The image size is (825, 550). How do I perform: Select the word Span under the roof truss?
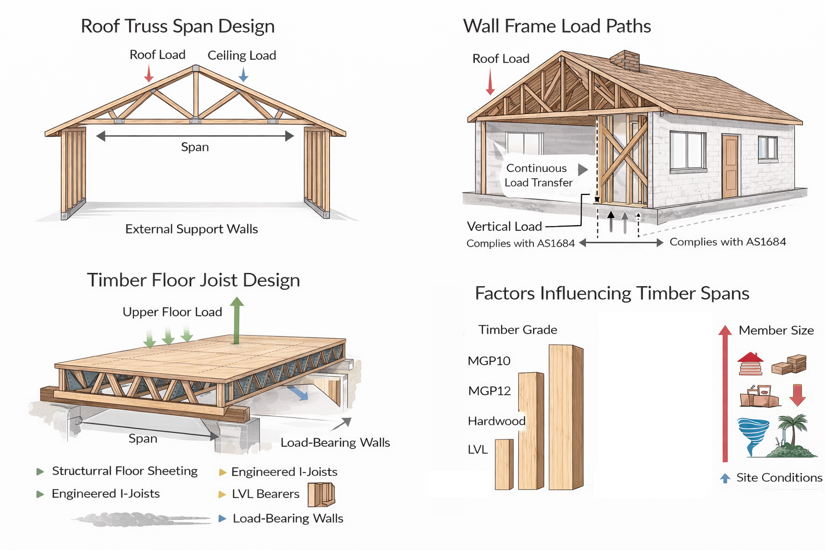(194, 147)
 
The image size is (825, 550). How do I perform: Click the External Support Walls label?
(191, 229)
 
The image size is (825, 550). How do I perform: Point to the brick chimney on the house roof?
(625, 60)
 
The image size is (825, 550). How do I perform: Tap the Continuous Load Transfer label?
(539, 175)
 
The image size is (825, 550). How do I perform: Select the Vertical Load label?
(504, 227)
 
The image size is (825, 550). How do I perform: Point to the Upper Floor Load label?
(172, 312)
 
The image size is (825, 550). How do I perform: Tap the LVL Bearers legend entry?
(265, 494)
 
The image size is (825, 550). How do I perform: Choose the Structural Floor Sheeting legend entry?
(125, 471)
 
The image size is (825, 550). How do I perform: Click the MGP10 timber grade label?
(489, 361)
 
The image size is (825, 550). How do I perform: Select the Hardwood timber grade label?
(496, 421)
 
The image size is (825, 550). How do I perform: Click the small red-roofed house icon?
(750, 364)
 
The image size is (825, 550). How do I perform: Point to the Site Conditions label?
(779, 477)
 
